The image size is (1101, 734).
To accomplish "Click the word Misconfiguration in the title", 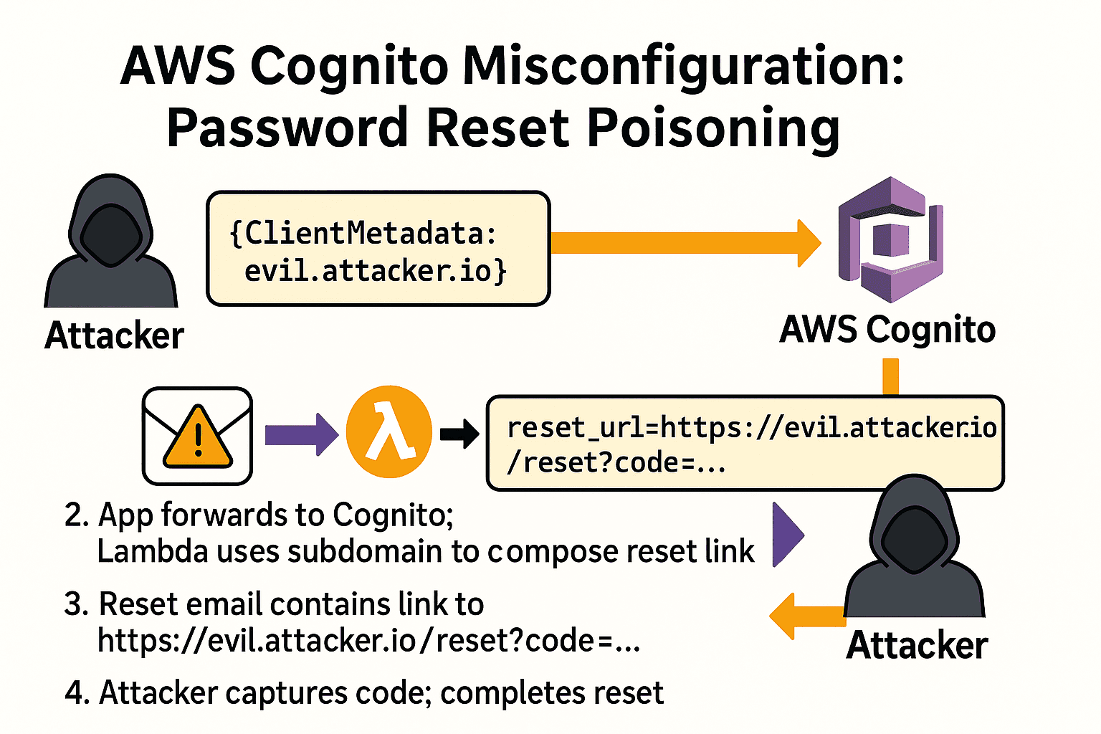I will pos(683,67).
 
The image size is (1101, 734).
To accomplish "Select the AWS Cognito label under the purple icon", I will pos(887,330).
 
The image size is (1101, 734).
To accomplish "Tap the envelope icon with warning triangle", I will pos(197,436).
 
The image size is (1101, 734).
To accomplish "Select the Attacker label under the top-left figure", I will pos(114,335).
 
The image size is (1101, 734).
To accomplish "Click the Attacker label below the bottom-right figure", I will pos(917,645).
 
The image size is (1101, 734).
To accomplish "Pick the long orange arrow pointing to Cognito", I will pos(685,243).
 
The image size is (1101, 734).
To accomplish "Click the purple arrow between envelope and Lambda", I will pos(301,434).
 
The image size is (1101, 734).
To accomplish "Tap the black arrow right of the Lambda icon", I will pos(459,434).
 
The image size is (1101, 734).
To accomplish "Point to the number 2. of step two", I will pos(76,515).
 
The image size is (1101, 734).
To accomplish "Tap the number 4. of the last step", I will pos(77,692).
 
